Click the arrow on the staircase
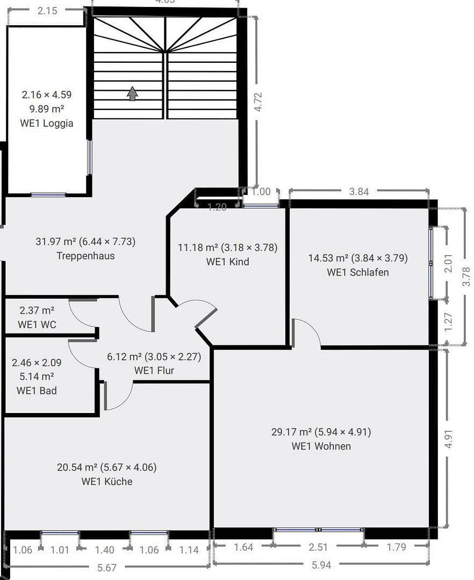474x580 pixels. (x=132, y=93)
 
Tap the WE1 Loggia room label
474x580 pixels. (x=47, y=123)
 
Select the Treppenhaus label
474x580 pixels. (x=85, y=256)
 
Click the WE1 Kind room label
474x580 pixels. (x=227, y=262)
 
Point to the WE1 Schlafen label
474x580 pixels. (x=357, y=272)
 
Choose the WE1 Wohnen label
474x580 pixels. (x=321, y=446)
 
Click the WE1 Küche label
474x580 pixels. (x=106, y=481)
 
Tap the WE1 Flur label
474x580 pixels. (x=154, y=370)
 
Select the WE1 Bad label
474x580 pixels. (x=36, y=390)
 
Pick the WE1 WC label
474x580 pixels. (x=37, y=324)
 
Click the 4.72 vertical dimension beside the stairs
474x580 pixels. (x=258, y=102)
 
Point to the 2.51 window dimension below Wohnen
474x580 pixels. (x=318, y=547)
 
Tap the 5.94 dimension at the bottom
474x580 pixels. (x=321, y=564)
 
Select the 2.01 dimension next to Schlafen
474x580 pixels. (x=449, y=263)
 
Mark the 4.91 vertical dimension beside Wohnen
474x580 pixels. (x=449, y=438)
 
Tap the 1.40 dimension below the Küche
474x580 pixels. (x=104, y=549)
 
